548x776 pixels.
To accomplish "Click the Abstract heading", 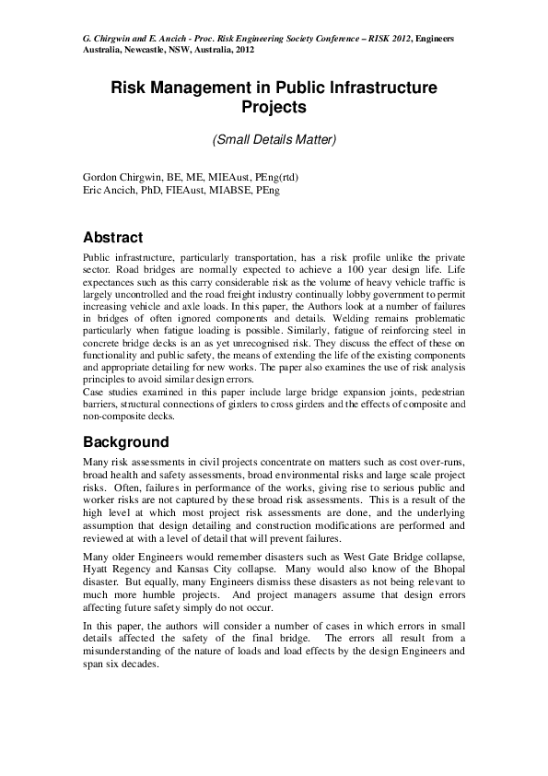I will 112,237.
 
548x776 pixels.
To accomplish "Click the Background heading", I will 125,441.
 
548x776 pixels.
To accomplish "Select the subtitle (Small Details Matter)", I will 274,140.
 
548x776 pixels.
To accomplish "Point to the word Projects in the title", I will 274,108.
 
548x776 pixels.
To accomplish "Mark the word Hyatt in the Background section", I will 100,570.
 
